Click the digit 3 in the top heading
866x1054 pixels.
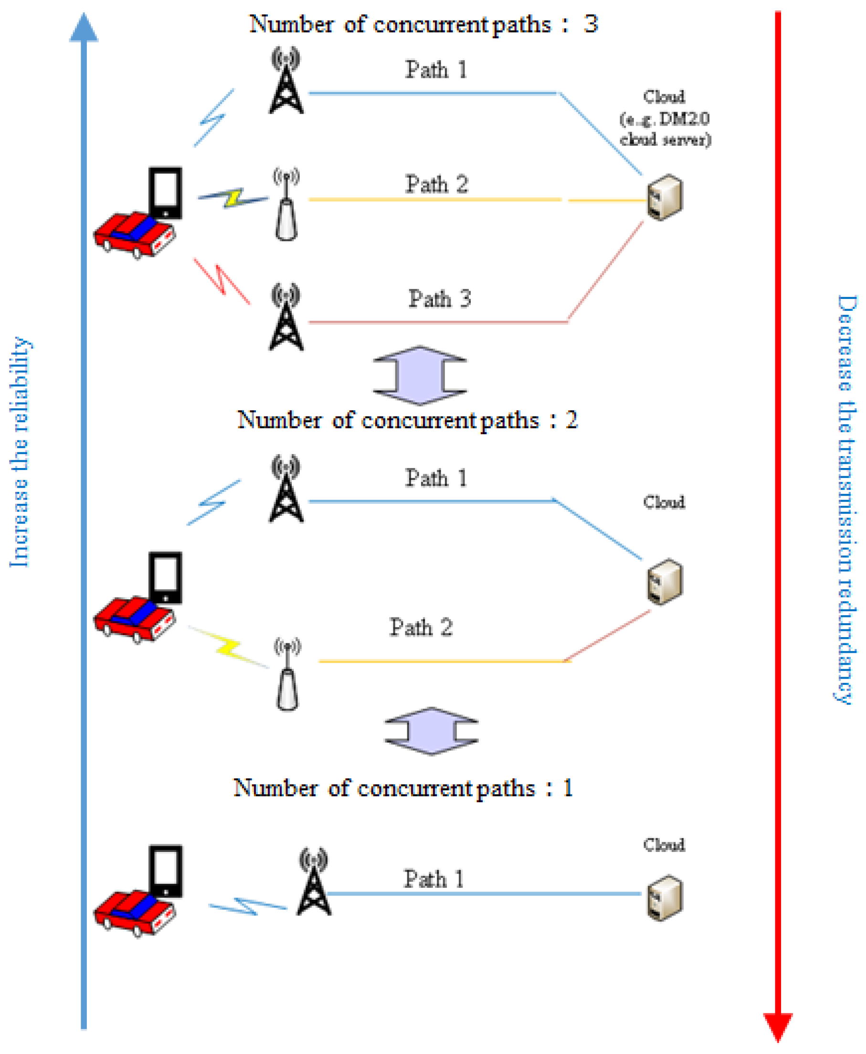point(591,24)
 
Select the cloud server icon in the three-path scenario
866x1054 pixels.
point(665,197)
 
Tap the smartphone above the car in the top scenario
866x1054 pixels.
point(166,192)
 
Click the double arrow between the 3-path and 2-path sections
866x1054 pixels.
point(420,375)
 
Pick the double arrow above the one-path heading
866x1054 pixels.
point(431,731)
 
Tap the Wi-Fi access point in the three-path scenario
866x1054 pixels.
point(286,206)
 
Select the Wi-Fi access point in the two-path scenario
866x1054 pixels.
point(287,674)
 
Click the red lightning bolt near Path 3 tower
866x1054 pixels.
point(222,281)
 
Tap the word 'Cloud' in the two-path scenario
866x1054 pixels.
point(664,502)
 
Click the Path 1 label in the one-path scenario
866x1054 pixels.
point(433,879)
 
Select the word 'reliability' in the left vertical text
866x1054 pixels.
point(20,384)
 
